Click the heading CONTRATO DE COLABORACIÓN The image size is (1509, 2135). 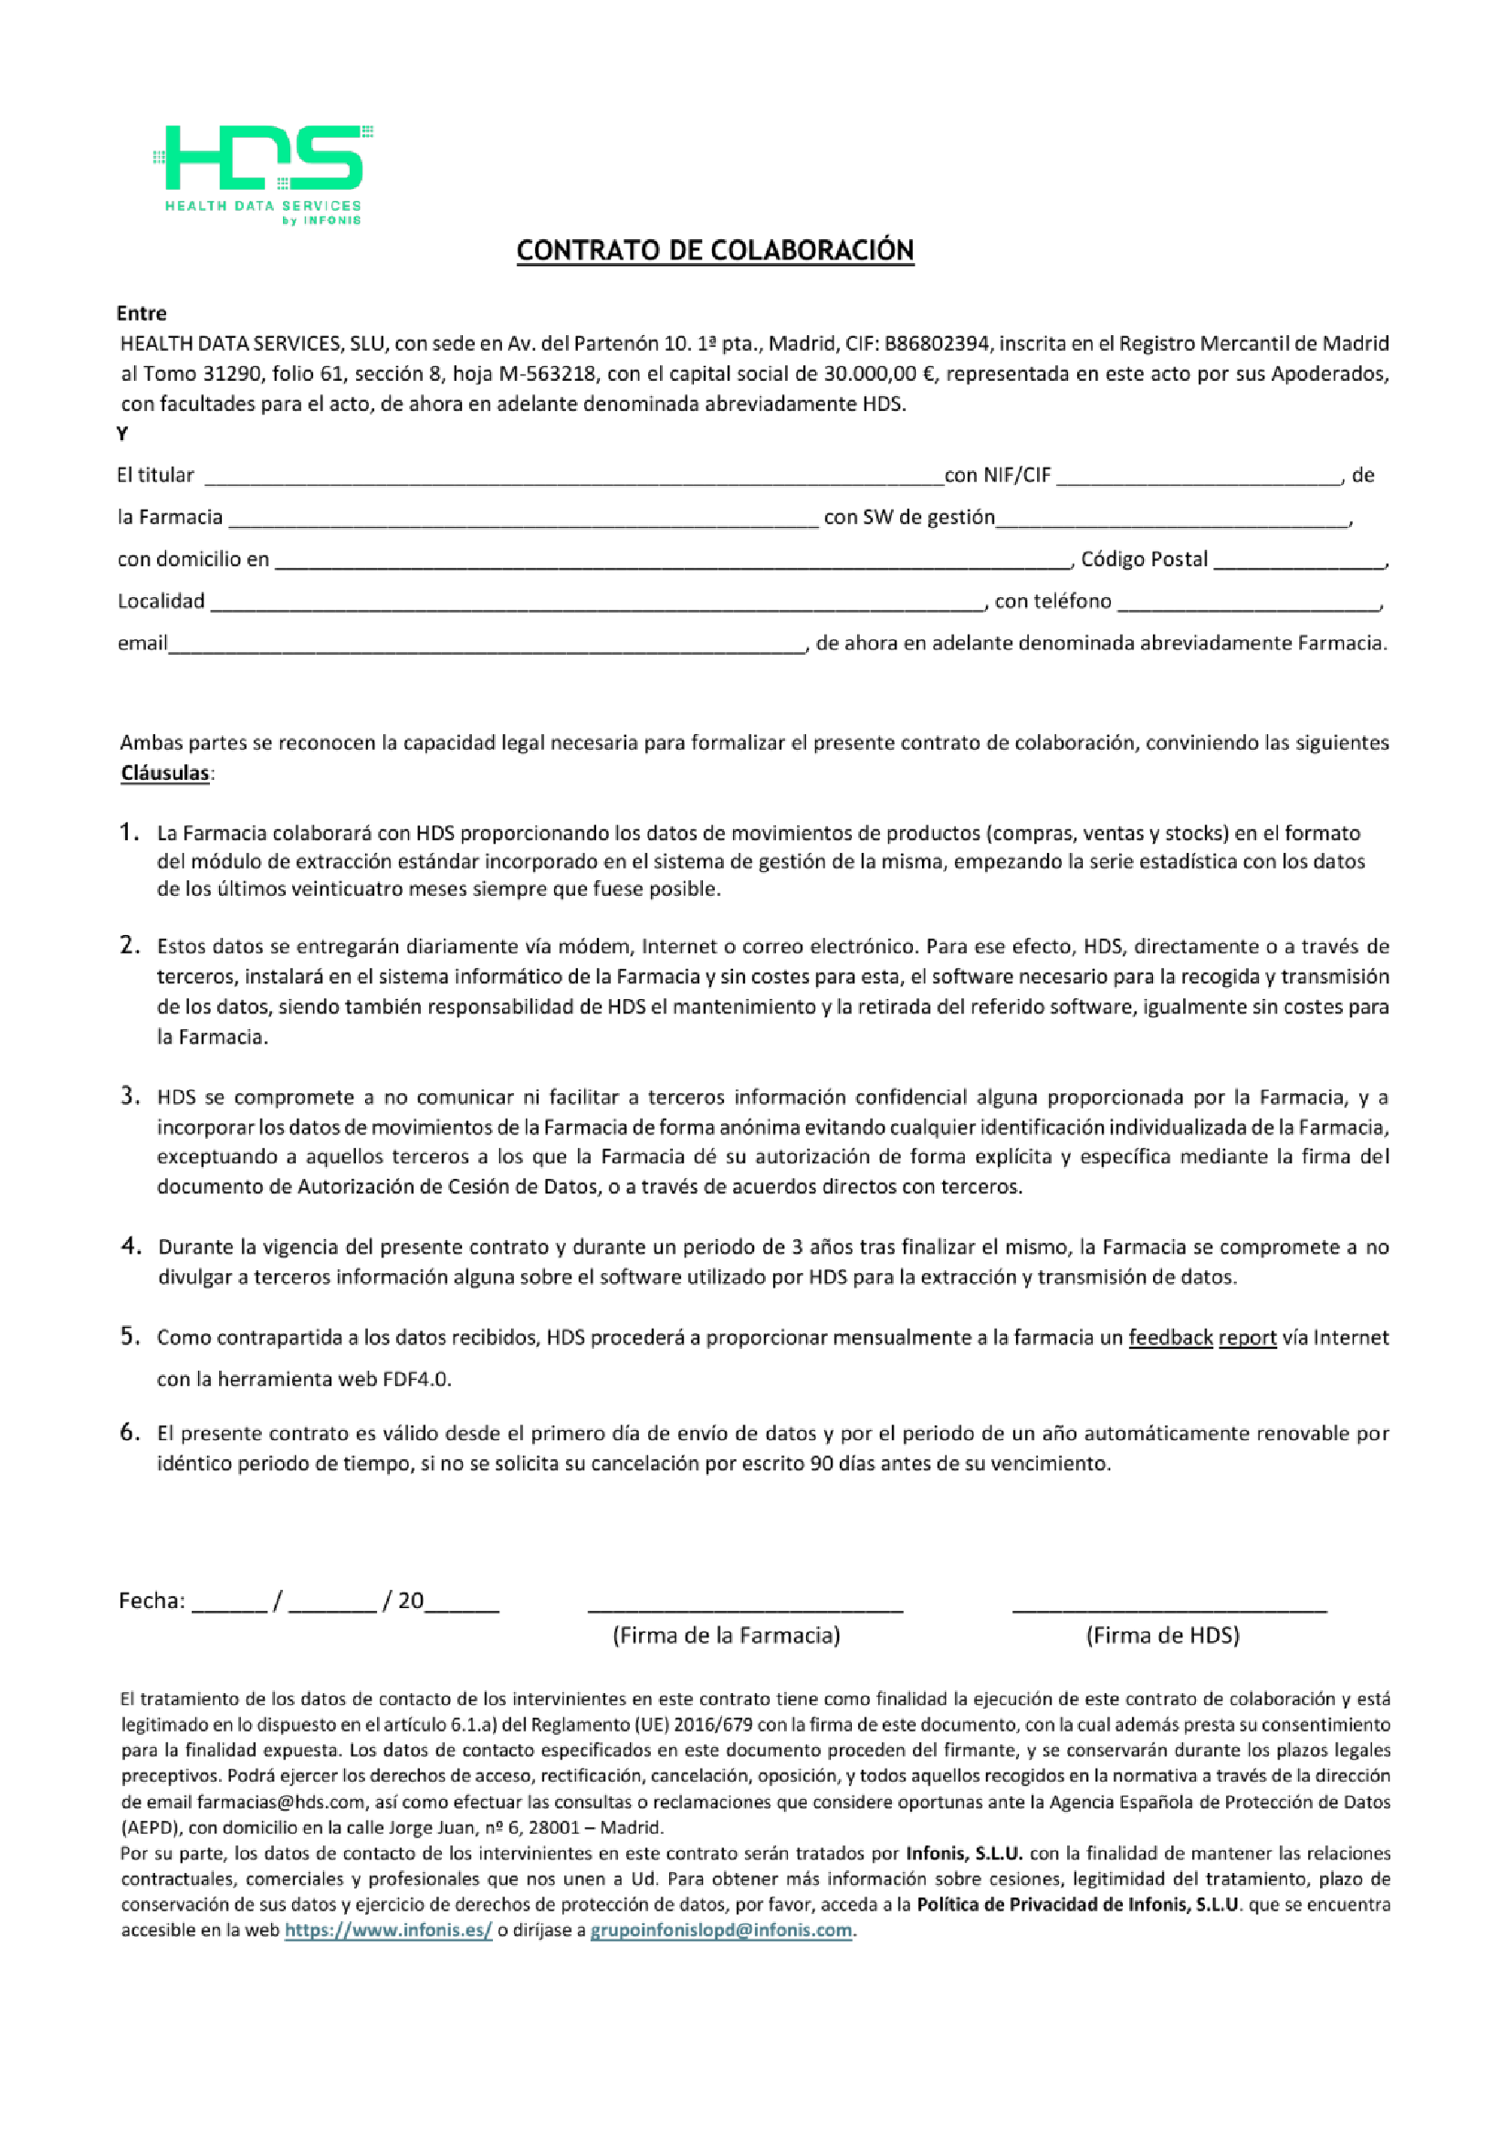[x=714, y=250]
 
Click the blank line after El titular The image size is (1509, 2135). [x=571, y=476]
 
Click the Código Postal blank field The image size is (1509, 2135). [x=1298, y=561]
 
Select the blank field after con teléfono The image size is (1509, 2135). [x=1248, y=603]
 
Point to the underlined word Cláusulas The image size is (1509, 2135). [x=164, y=773]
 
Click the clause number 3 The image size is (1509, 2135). [x=130, y=1097]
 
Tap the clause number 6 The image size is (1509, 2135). [x=130, y=1432]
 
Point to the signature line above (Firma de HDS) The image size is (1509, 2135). [x=1168, y=1607]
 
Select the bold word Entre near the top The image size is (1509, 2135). [x=141, y=313]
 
